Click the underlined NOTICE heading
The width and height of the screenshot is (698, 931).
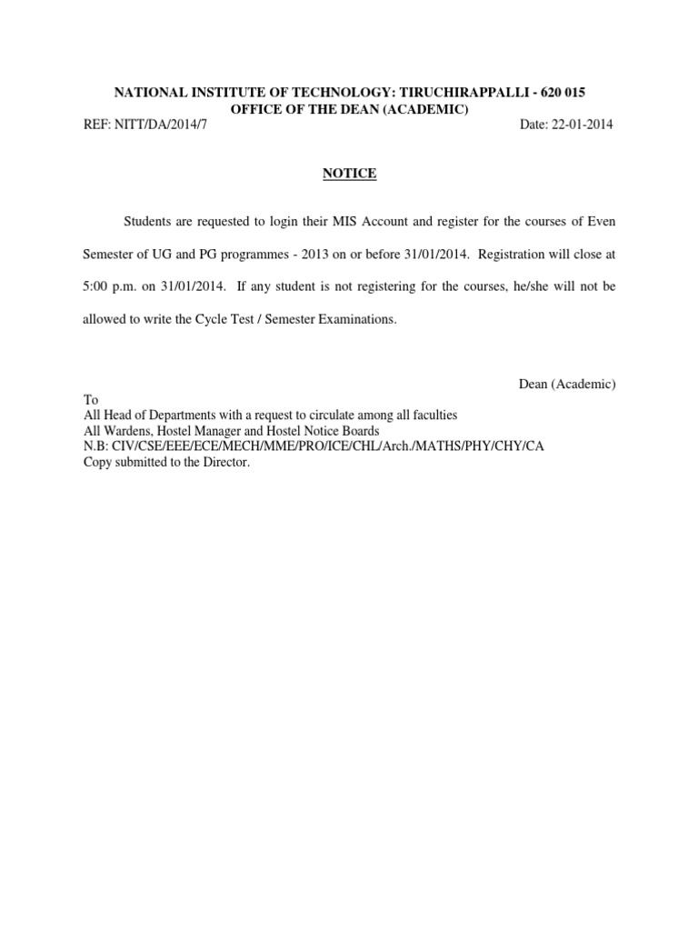coord(349,174)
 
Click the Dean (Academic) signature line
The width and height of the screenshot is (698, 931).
coord(566,385)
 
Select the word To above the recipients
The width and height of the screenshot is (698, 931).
coord(90,400)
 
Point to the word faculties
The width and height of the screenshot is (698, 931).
coord(431,415)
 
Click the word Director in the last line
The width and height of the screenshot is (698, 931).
coord(224,462)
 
